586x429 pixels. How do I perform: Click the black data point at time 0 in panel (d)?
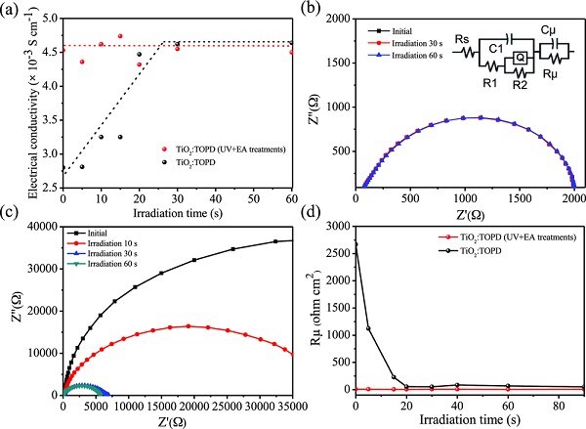click(x=356, y=244)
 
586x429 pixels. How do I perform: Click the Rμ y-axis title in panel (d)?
click(x=313, y=306)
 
